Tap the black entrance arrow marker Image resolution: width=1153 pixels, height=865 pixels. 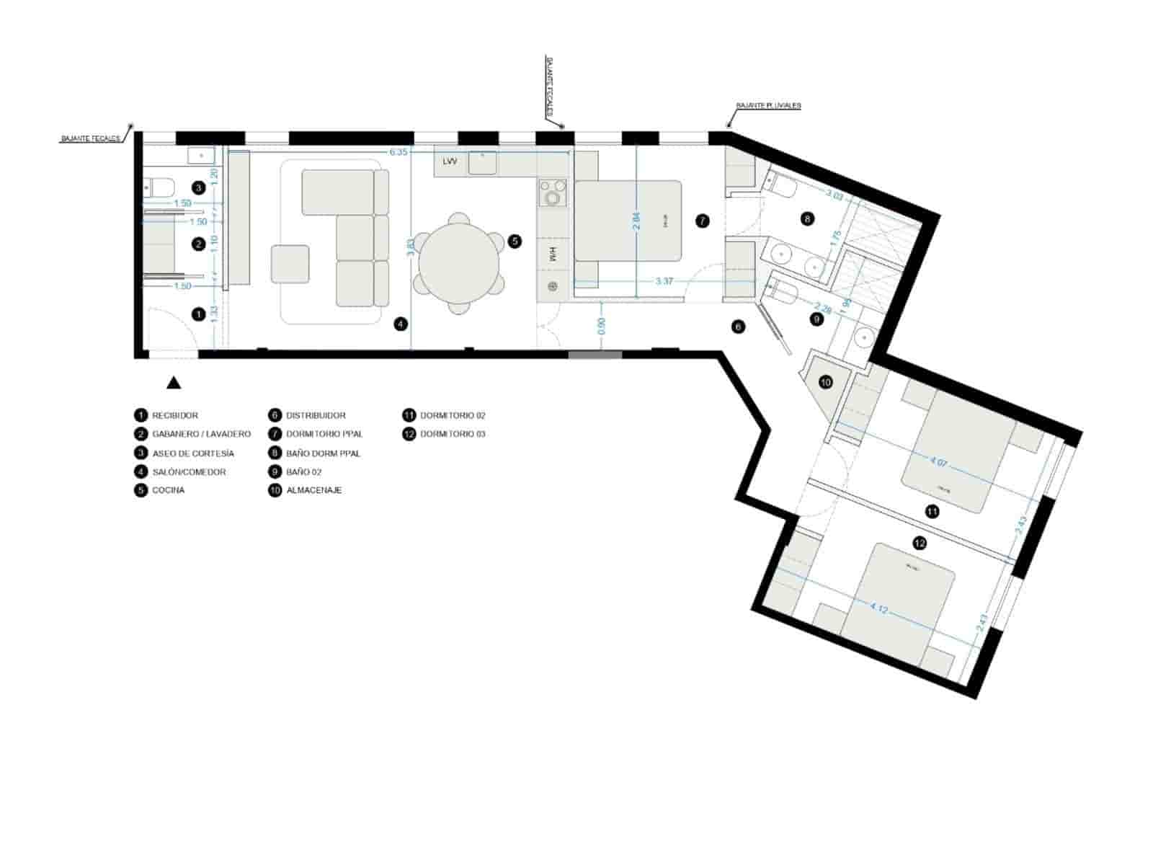(174, 383)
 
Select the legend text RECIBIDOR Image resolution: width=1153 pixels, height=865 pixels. (175, 415)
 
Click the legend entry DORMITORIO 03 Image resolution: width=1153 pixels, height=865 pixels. (453, 434)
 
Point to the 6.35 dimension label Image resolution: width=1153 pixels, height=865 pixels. (399, 152)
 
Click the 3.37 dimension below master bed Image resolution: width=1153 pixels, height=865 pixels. (664, 281)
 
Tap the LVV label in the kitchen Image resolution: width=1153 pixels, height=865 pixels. (450, 161)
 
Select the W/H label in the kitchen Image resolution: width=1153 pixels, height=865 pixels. (553, 254)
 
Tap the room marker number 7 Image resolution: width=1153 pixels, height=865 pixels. (703, 221)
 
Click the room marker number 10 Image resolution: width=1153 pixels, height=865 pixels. (826, 382)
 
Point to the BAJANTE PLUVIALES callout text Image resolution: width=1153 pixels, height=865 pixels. (768, 106)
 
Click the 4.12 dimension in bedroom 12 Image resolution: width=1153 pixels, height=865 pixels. (878, 608)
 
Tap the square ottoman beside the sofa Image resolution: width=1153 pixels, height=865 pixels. (290, 264)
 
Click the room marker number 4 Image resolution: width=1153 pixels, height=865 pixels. (401, 324)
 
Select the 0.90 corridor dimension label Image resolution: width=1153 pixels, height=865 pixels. (602, 327)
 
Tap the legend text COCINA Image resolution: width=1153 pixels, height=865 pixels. (169, 490)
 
